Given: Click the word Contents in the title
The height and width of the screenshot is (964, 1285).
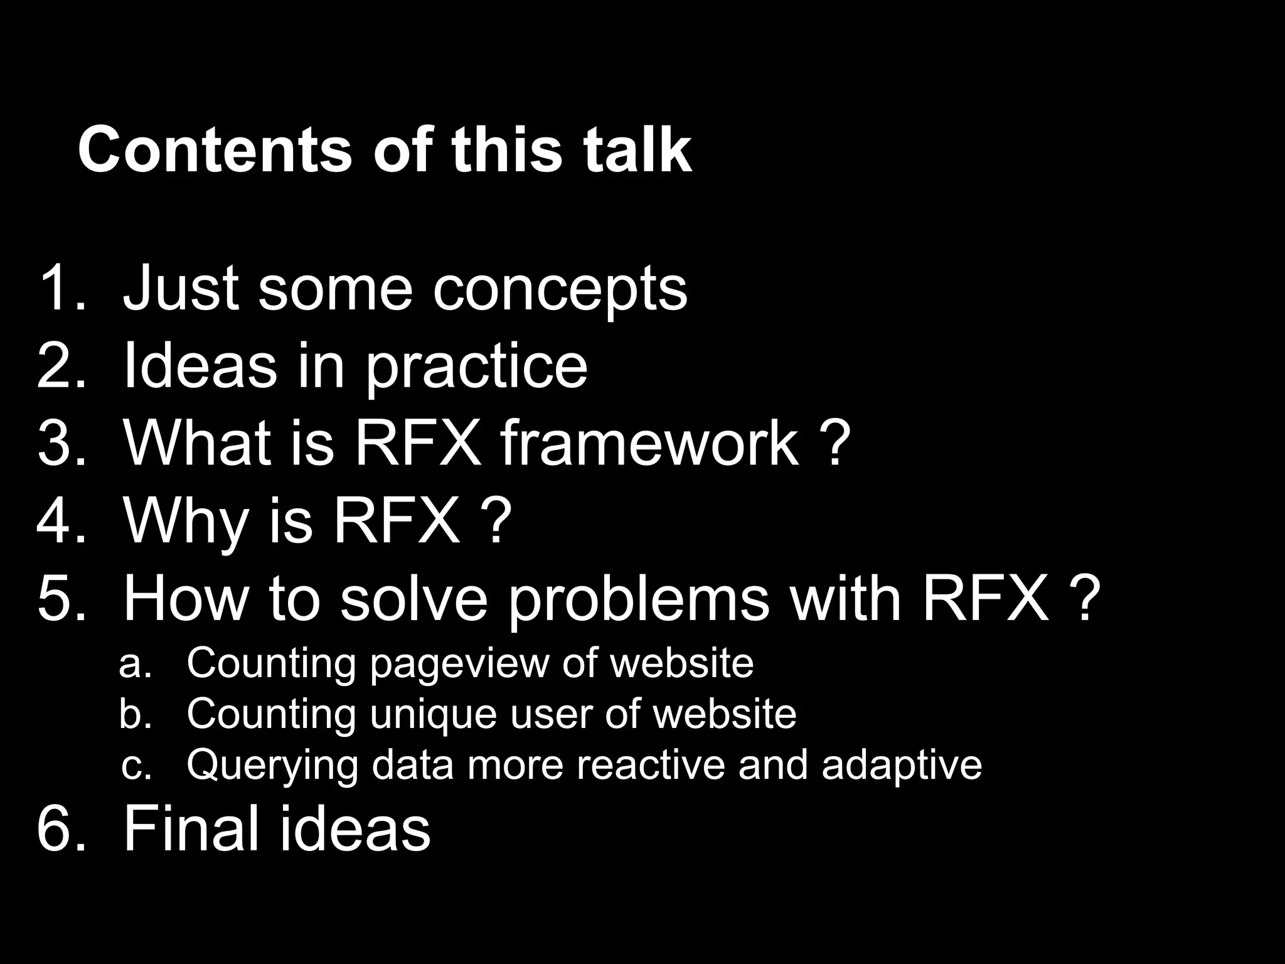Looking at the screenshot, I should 215,151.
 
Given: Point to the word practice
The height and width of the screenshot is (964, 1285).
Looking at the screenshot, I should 477,367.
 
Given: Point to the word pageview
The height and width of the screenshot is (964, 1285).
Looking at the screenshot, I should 459,664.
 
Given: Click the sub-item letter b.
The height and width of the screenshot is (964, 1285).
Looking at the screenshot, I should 136,714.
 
